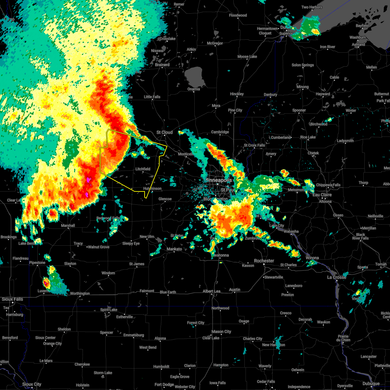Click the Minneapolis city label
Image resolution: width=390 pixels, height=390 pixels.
218,180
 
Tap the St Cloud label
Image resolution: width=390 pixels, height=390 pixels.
164,132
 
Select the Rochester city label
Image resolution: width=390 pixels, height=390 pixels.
264,261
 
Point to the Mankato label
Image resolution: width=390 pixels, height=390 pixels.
174,249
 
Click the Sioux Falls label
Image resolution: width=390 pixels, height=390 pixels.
12,299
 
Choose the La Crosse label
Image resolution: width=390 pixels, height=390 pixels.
337,277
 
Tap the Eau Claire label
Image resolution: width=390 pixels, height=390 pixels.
322,195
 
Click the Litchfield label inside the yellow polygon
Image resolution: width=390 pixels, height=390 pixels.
143,169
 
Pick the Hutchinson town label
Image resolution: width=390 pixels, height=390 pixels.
152,188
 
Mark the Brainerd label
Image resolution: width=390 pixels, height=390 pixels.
162,65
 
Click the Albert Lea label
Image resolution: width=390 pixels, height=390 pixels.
212,291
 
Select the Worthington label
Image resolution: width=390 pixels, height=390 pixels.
80,293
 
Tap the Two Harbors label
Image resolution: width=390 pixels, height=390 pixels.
312,7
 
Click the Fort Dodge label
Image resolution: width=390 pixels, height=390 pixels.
164,384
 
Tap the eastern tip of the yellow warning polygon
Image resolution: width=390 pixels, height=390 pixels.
167,147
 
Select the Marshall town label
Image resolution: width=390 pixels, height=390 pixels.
68,226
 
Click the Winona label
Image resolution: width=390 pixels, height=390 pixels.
312,258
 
